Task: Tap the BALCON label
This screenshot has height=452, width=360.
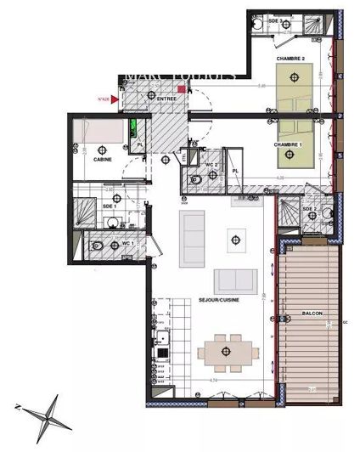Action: pyautogui.click(x=312, y=314)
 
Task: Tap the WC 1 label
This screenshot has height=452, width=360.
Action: pyautogui.click(x=127, y=243)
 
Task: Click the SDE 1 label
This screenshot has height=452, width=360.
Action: pyautogui.click(x=108, y=206)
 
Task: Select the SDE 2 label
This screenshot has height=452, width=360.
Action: pyautogui.click(x=309, y=209)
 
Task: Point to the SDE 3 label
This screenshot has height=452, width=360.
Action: pyautogui.click(x=274, y=19)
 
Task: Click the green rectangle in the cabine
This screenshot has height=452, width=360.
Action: pyautogui.click(x=133, y=132)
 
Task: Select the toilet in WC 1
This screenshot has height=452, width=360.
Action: pyautogui.click(x=99, y=247)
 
